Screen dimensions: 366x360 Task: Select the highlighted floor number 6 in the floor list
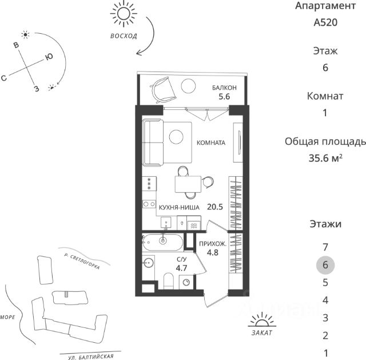coord(325,264)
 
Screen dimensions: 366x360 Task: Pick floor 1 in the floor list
coord(325,353)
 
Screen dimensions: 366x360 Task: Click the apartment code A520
coord(325,23)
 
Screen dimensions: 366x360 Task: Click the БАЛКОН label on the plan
coord(222,88)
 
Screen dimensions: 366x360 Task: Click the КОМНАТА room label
coord(211,143)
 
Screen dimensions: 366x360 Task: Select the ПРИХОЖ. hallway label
coord(213,244)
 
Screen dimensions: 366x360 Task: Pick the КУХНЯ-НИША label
coord(180,208)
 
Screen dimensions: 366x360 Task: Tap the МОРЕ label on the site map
coord(8,316)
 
